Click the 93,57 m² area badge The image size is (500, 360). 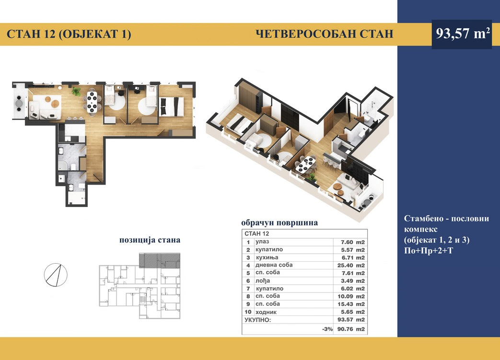(x=462, y=34)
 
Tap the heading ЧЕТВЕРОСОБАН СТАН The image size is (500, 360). (x=325, y=34)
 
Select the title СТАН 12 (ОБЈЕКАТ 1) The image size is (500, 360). (x=69, y=34)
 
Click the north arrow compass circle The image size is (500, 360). (x=56, y=275)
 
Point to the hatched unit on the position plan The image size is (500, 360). (x=160, y=260)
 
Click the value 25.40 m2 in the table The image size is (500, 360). (x=351, y=265)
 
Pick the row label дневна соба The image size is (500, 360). (x=274, y=265)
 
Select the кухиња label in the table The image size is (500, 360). (x=267, y=257)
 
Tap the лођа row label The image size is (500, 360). (x=263, y=280)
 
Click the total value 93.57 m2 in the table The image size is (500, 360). (x=351, y=320)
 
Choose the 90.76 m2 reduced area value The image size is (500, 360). (x=351, y=329)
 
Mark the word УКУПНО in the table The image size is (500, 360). (x=257, y=320)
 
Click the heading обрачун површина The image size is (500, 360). (x=279, y=222)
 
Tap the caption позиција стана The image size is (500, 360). (x=150, y=240)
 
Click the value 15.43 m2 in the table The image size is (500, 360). (x=351, y=304)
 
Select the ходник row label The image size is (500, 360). (x=266, y=312)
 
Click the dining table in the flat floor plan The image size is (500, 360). (x=92, y=102)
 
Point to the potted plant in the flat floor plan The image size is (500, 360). (x=76, y=92)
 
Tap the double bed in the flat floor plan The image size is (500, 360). (x=172, y=106)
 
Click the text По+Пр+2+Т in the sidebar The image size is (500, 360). (x=428, y=251)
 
